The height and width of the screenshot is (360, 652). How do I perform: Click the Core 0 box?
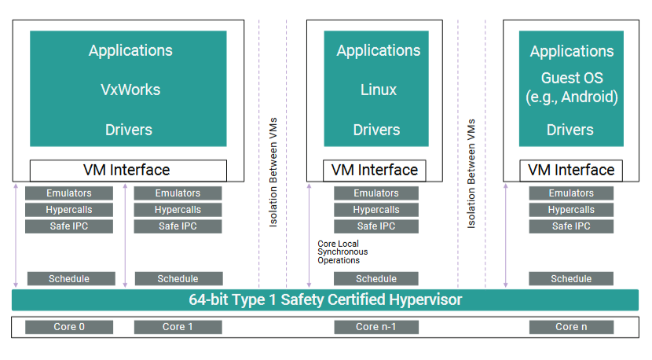(69, 327)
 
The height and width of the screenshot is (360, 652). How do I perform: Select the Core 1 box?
(178, 327)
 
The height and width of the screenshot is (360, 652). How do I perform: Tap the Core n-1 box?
(376, 327)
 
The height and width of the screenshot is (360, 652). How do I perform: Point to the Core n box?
(571, 327)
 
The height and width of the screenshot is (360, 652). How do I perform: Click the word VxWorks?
(130, 90)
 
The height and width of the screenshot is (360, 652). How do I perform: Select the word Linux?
(379, 90)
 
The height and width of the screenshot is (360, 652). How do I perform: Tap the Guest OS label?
(572, 78)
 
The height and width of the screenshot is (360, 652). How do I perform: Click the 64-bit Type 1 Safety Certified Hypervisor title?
(325, 299)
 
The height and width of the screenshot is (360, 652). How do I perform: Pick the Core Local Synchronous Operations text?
(342, 252)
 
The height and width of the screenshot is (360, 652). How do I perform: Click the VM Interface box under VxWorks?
(128, 171)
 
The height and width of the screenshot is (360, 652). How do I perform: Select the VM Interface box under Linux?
(374, 171)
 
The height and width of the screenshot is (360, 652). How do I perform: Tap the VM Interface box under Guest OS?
(571, 171)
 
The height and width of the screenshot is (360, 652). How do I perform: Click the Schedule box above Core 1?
(179, 279)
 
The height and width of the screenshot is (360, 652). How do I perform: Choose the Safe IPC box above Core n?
(571, 226)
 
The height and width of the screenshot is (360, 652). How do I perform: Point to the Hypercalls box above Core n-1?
(376, 210)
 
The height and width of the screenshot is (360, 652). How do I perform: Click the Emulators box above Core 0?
(69, 193)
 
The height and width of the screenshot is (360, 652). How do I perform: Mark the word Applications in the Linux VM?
(379, 51)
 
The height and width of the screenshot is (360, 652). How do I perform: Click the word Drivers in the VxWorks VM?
(129, 130)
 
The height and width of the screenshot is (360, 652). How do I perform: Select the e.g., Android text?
(572, 97)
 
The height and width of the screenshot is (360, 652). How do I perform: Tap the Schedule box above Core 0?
(71, 279)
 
